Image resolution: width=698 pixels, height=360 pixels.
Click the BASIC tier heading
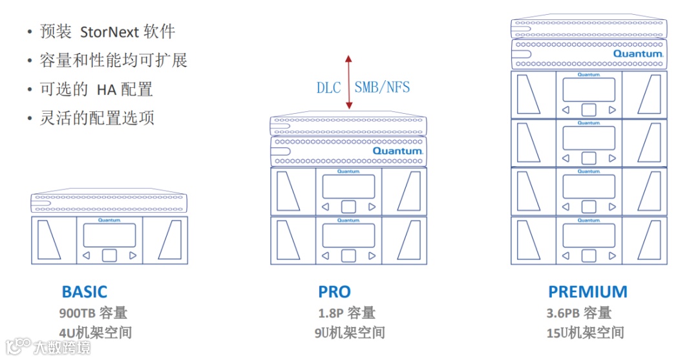tap(84, 292)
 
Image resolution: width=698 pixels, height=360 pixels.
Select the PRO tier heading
tap(334, 292)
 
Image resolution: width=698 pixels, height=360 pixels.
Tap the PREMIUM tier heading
tap(587, 292)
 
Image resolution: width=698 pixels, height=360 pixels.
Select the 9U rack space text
tap(349, 334)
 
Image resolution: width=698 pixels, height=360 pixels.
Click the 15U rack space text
tap(585, 334)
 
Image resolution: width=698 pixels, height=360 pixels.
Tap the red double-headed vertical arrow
tap(348, 82)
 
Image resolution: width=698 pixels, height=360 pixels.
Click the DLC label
tap(328, 88)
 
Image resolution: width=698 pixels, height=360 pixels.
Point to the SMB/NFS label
tap(382, 87)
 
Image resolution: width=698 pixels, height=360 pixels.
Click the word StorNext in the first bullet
tap(108, 32)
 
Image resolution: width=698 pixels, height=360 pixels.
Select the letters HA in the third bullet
tap(105, 89)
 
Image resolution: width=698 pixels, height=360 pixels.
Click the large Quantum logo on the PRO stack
tap(397, 151)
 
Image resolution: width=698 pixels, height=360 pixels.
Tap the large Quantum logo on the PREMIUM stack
tap(638, 54)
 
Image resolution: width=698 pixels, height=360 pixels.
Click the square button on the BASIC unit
tap(109, 255)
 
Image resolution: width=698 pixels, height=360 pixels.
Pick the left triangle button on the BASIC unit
tap(86, 256)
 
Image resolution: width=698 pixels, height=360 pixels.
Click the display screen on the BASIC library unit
tap(109, 235)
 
